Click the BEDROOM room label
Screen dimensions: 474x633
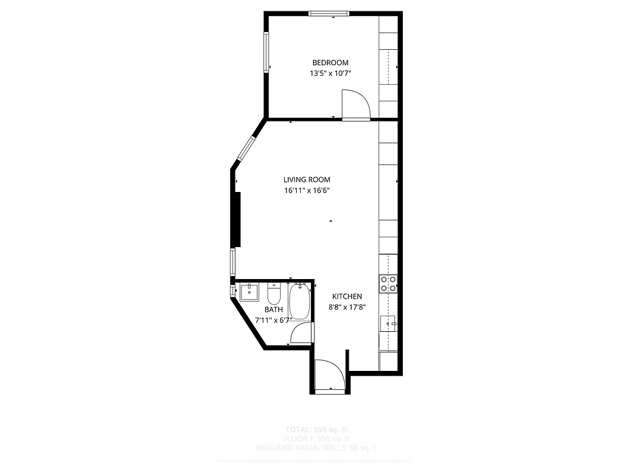[x=330, y=63]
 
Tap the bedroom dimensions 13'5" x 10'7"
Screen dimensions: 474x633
[x=330, y=74]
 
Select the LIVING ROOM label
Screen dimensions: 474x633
[x=306, y=180]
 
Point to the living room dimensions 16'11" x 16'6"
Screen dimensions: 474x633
[x=306, y=191]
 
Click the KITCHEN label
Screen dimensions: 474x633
[x=347, y=296]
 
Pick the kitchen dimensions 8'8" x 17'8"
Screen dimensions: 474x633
[x=347, y=308]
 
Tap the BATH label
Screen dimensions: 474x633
[x=273, y=309]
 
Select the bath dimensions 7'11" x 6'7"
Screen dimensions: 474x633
[x=273, y=320]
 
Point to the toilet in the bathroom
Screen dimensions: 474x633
[x=273, y=294]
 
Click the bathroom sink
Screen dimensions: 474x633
[x=250, y=292]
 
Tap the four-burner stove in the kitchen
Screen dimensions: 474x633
[x=389, y=284]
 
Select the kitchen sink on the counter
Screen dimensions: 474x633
[x=389, y=324]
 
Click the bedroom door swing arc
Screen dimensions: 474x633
[x=357, y=104]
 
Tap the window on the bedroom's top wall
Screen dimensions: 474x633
[x=329, y=13]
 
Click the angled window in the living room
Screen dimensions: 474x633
[x=246, y=149]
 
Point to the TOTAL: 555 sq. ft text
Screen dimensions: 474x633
[x=317, y=429]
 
